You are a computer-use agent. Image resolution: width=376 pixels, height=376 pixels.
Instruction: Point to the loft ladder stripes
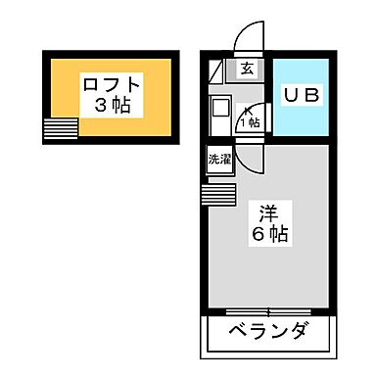click(x=60, y=129)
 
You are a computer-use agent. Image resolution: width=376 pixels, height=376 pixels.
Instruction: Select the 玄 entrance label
click(x=248, y=69)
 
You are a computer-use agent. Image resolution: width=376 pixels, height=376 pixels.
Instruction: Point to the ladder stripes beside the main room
click(x=218, y=193)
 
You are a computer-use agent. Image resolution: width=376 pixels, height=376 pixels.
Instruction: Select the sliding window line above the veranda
click(x=269, y=310)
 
